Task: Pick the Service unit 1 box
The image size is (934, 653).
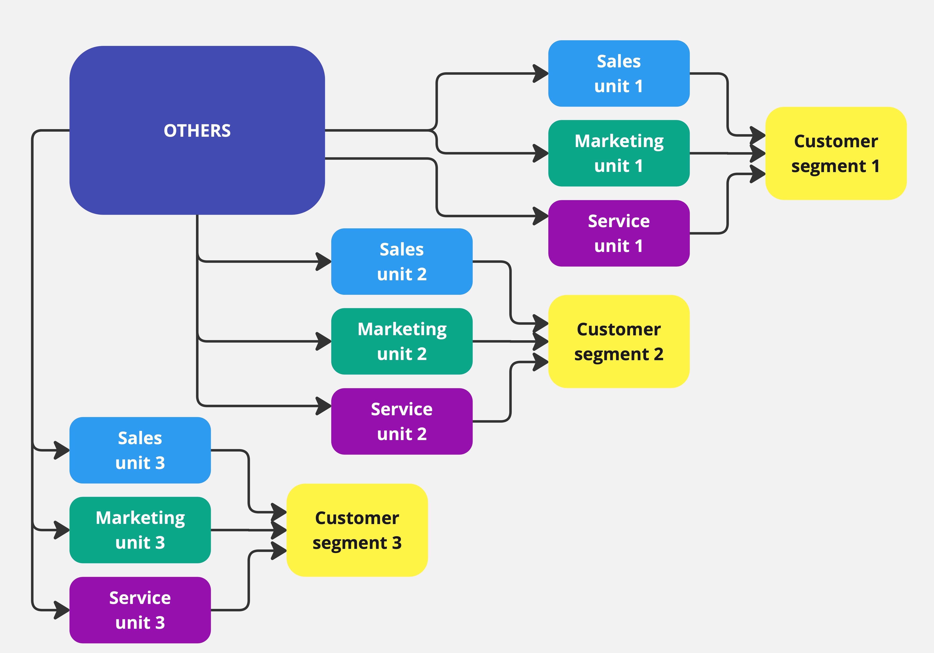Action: [619, 233]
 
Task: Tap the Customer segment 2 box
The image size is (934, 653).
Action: [619, 341]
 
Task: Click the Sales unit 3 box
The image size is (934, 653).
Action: [140, 450]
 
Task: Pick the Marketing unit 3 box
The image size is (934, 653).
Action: [140, 530]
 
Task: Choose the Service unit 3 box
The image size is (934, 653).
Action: [140, 610]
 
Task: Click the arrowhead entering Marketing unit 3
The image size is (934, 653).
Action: [62, 530]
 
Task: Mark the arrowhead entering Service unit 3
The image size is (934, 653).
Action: [62, 610]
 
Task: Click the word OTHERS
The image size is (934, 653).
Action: [197, 131]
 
